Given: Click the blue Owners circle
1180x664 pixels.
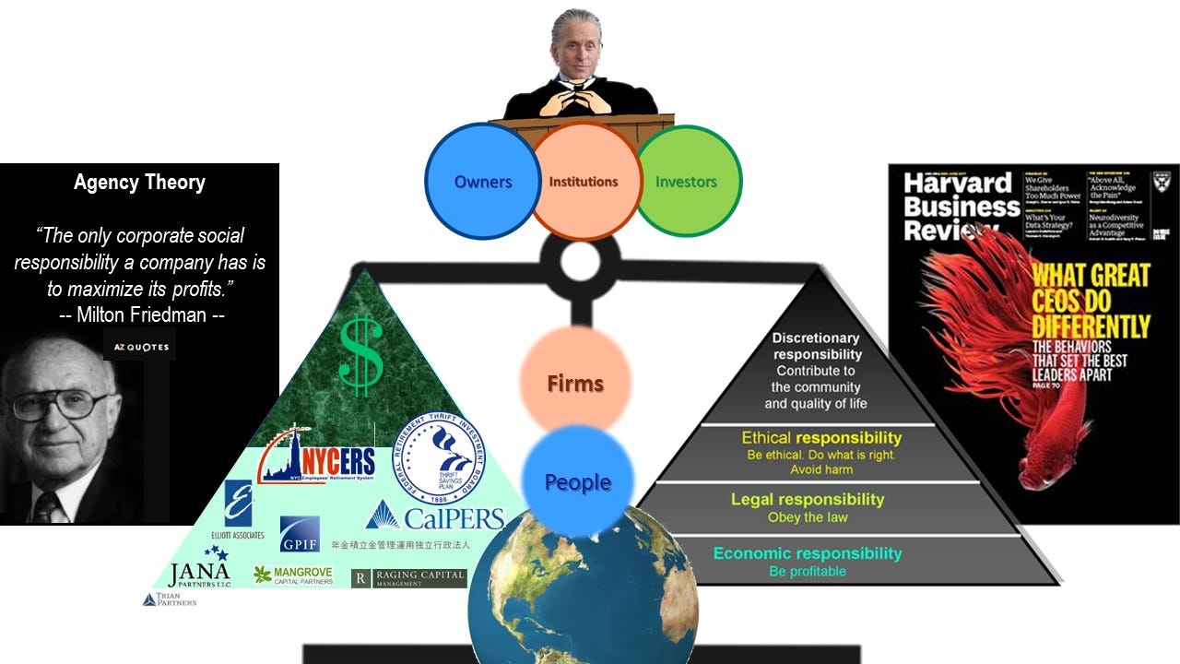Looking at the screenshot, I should tap(482, 182).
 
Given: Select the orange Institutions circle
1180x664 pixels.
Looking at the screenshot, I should tap(584, 182).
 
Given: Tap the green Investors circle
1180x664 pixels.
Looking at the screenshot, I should tap(687, 182).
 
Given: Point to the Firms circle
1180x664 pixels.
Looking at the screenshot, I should tap(575, 381).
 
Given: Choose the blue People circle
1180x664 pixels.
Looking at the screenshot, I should tap(577, 481).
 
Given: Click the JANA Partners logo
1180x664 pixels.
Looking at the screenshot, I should tap(199, 572).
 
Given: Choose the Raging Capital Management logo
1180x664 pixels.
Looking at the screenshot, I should tap(409, 578).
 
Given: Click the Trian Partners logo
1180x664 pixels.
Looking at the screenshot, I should tap(170, 599).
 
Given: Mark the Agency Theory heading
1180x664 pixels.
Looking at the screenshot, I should tap(139, 183).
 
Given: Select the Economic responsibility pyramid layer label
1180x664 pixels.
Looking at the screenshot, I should tap(808, 553).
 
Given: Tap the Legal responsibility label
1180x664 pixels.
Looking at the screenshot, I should tap(808, 500).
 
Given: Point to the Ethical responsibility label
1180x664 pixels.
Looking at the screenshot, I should tap(821, 438).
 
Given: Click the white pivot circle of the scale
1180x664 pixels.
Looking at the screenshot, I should tap(580, 262).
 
